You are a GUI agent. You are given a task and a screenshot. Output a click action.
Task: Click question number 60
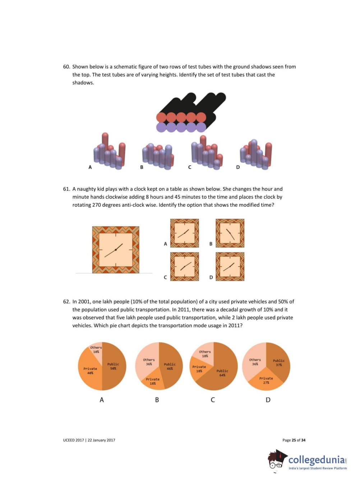(x=66, y=67)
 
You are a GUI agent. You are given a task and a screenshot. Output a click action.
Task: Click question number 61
(x=66, y=189)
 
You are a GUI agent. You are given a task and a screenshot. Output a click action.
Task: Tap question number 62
(x=66, y=302)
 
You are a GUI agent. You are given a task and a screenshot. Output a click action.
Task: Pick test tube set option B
(x=158, y=157)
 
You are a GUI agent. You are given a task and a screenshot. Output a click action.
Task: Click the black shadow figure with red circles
(x=191, y=112)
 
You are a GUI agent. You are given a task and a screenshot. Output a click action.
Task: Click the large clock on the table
(x=116, y=250)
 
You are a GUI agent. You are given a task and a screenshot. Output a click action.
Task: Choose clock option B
(x=230, y=233)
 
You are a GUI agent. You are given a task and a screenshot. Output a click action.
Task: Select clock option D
(x=230, y=266)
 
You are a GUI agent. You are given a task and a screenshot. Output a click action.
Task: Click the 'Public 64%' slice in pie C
(x=222, y=373)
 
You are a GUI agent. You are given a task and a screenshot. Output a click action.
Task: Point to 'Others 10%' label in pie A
(x=96, y=349)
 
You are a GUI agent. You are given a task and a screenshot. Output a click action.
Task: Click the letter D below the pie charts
(x=268, y=400)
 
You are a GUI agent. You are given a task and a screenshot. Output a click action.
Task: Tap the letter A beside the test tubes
(x=90, y=167)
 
